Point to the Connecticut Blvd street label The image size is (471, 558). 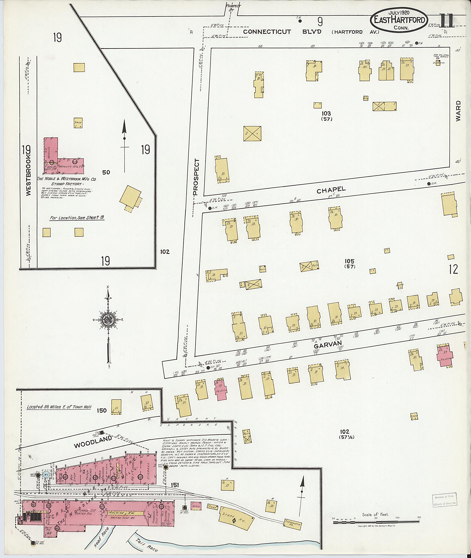[x=282, y=32]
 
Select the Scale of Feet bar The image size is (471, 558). [x=376, y=522]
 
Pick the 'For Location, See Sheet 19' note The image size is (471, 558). [x=77, y=218]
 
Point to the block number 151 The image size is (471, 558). [x=175, y=485]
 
